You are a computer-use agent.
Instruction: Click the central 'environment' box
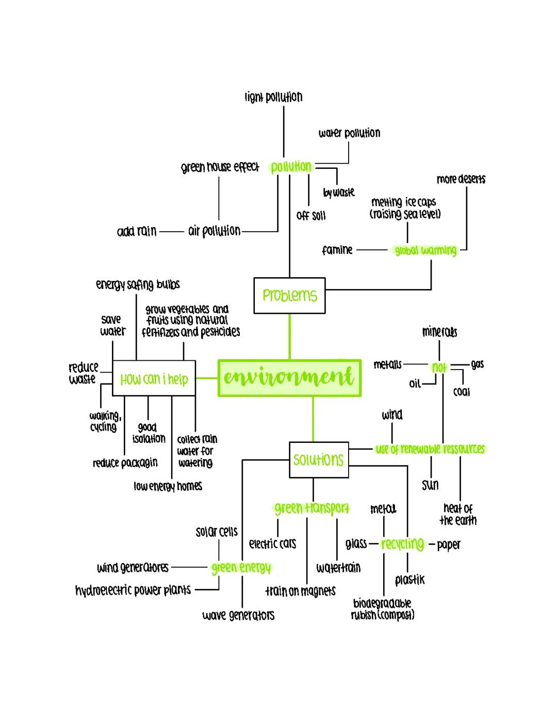(x=289, y=378)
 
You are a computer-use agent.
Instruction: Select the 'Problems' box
(x=289, y=295)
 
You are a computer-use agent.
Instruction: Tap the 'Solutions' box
(x=318, y=459)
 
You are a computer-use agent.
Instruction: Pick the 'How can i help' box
(x=154, y=379)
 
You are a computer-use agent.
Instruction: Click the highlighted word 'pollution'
(x=291, y=167)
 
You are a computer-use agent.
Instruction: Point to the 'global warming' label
(x=425, y=250)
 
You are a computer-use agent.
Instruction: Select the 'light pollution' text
(x=273, y=97)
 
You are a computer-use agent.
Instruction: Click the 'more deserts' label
(x=461, y=179)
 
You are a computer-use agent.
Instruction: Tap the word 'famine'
(x=337, y=250)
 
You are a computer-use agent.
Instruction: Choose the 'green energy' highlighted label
(x=241, y=568)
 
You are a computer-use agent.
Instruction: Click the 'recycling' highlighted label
(x=403, y=544)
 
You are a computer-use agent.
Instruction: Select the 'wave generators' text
(x=238, y=615)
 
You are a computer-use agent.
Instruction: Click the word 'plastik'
(x=410, y=580)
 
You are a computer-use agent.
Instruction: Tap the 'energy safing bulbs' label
(x=138, y=284)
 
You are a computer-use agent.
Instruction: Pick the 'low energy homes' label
(x=168, y=486)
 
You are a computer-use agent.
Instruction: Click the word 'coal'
(x=462, y=392)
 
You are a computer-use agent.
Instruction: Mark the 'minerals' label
(x=439, y=331)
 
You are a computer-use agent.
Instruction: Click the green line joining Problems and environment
(x=289, y=336)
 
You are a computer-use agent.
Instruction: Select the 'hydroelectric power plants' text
(x=133, y=590)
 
